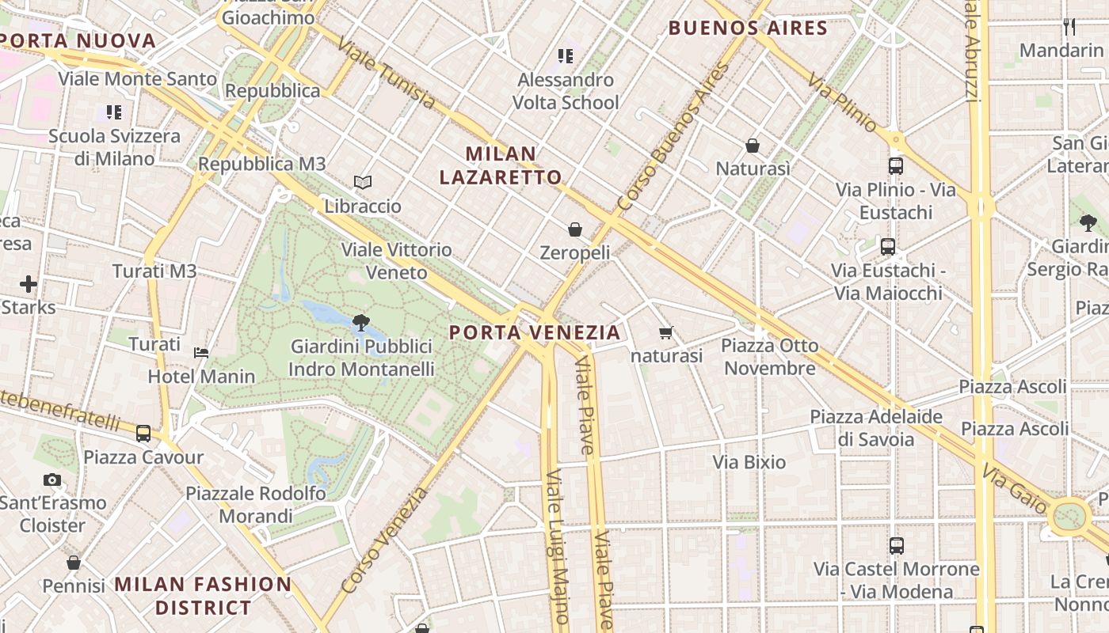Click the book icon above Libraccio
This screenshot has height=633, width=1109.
[x=363, y=183]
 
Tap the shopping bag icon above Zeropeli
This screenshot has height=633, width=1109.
[x=575, y=229]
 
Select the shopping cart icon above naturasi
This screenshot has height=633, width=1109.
[x=666, y=333]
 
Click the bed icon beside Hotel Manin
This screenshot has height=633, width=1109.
[x=201, y=352]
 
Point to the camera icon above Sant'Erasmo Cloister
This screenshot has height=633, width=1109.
[x=52, y=479]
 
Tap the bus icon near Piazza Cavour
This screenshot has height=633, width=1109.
[x=143, y=434]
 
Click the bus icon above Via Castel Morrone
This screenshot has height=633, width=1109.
[x=897, y=546]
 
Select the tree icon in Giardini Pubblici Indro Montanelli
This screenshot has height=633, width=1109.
[x=361, y=323]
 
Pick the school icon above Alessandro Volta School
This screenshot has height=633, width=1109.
[x=565, y=56]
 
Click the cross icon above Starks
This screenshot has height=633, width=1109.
[x=29, y=283]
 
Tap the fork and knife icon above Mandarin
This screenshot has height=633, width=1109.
[x=1069, y=27]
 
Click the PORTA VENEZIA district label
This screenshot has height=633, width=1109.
[x=535, y=332]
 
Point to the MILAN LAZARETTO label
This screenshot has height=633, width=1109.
[x=501, y=165]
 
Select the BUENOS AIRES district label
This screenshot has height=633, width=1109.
[x=748, y=28]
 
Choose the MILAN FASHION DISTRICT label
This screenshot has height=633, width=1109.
[x=204, y=596]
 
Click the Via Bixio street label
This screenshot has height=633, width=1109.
[x=749, y=462]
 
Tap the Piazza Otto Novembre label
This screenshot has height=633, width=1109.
[x=770, y=357]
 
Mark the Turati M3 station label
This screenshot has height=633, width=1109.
[x=154, y=271]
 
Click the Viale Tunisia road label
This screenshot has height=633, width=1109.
[x=386, y=73]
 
